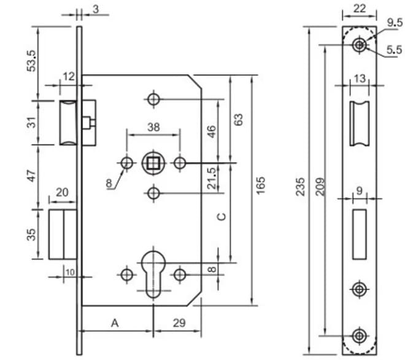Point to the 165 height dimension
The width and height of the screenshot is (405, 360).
[261, 186]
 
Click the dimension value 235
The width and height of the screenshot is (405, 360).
[301, 186]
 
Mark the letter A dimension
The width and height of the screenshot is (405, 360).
[114, 323]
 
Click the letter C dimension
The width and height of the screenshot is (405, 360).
[223, 216]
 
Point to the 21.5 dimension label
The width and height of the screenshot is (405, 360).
[211, 178]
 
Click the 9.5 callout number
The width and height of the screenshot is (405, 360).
[394, 23]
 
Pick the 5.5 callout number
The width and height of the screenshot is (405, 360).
[394, 49]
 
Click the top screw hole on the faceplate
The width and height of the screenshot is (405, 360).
[360, 45]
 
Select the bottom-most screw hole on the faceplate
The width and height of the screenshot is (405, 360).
[360, 335]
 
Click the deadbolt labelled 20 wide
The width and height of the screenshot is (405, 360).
[62, 234]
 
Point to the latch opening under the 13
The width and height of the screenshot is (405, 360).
[360, 123]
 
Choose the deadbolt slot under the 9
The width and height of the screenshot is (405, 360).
[360, 233]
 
